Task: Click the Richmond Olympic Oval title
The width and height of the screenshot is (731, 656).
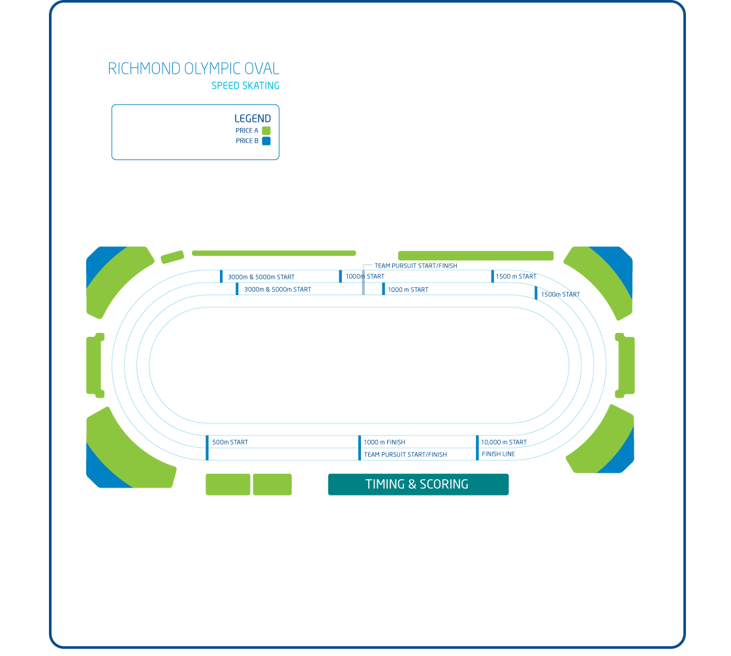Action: [193, 69]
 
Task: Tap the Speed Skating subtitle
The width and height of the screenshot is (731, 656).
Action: [245, 86]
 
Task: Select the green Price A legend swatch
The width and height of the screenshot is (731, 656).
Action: [266, 131]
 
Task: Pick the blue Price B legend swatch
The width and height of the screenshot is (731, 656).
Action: [266, 141]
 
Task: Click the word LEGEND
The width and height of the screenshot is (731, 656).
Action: [252, 118]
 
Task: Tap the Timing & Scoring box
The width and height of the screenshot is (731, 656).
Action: [418, 484]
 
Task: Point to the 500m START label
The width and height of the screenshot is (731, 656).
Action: [230, 443]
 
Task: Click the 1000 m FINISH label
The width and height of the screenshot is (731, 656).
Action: [384, 443]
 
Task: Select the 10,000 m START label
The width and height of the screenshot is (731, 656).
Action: [503, 443]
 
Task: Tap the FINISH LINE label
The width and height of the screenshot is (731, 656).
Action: [498, 454]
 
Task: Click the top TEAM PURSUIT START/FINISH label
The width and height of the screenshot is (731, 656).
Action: [416, 266]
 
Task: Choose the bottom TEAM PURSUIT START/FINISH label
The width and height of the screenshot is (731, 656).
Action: [405, 454]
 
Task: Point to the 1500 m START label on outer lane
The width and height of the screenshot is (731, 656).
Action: [516, 277]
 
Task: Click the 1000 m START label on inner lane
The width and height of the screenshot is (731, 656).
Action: [408, 289]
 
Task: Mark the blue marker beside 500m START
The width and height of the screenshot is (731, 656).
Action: [207, 447]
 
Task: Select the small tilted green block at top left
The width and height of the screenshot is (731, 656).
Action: [172, 257]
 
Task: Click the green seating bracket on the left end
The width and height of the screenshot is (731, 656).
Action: [95, 366]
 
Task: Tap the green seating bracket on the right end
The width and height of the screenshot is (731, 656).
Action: [627, 366]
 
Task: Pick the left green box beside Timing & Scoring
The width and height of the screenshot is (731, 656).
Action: [228, 484]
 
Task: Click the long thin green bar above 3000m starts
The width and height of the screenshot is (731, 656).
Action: [274, 253]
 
